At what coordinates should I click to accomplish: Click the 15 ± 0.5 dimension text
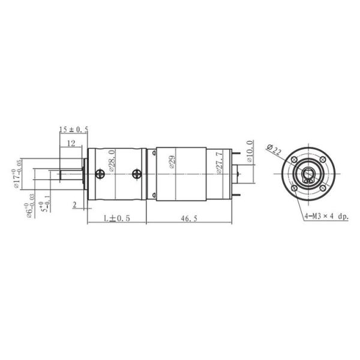tap(74, 130)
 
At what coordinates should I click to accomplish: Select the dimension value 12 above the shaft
tap(71, 143)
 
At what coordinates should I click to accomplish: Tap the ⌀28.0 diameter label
tap(112, 162)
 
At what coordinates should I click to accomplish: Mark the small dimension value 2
tap(74, 205)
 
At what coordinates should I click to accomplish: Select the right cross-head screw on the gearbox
tap(136, 174)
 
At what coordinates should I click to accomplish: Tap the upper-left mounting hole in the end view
tap(295, 159)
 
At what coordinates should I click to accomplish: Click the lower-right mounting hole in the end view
tap(322, 187)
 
